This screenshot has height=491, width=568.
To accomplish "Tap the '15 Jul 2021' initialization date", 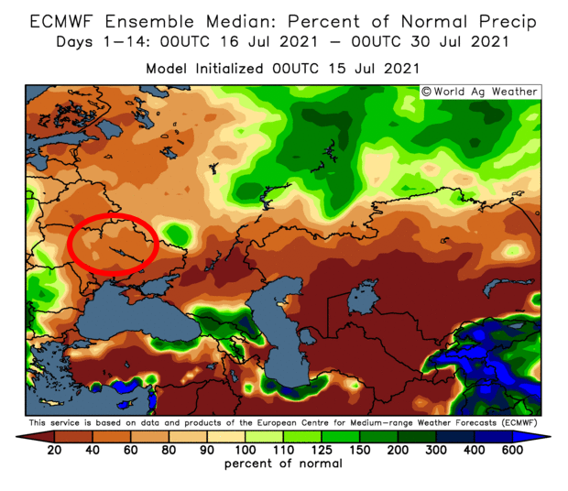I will pyautogui.click(x=373, y=69).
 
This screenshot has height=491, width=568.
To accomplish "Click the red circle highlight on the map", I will pyautogui.click(x=115, y=244).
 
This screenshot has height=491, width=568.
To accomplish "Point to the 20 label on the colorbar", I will pyautogui.click(x=54, y=449).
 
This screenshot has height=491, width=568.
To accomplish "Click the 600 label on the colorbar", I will pyautogui.click(x=512, y=449).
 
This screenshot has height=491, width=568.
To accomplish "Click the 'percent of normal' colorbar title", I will pyautogui.click(x=283, y=464).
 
